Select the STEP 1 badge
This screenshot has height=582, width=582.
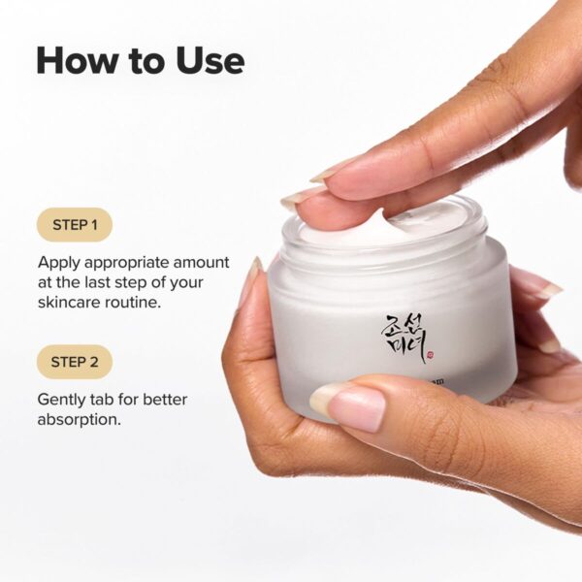tap(75, 225)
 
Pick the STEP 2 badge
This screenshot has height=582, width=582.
tap(75, 362)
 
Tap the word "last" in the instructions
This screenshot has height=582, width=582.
tap(106, 282)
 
